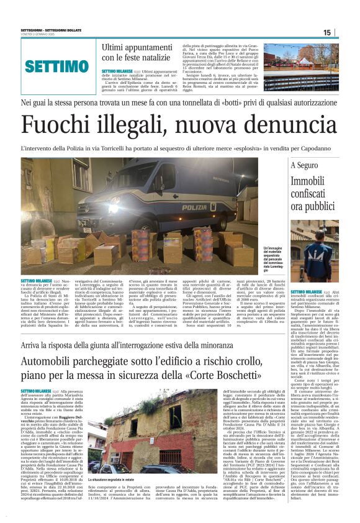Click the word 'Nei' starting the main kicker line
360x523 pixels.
(x=26, y=102)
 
